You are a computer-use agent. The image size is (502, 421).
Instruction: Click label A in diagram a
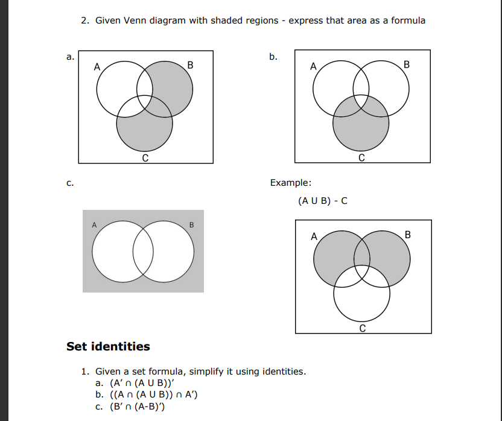point(97,66)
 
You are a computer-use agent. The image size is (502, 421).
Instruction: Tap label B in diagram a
point(191,65)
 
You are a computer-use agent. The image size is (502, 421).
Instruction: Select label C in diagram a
point(145,158)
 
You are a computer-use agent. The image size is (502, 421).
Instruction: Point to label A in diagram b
point(313,66)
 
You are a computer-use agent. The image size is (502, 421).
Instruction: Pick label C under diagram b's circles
point(361,158)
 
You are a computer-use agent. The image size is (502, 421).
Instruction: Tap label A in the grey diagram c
point(94,225)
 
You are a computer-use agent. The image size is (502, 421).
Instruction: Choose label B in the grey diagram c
point(192,225)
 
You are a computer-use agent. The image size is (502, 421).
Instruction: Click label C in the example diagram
point(362,329)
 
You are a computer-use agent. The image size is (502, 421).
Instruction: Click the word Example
point(291,183)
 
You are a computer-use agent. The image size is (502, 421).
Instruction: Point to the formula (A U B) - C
point(323,201)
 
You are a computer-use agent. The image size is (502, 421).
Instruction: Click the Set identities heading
point(108,346)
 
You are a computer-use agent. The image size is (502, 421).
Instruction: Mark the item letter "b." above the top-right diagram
point(273,57)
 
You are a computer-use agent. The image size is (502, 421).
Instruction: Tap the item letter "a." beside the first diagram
point(71,57)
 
